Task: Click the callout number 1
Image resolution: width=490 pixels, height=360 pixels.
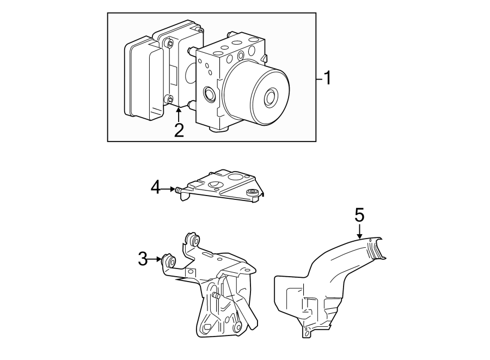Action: pos(327,78)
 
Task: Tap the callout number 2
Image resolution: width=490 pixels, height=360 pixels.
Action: pos(179,130)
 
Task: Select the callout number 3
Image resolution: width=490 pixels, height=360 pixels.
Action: pos(143,259)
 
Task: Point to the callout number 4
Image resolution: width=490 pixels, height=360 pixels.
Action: pos(156,188)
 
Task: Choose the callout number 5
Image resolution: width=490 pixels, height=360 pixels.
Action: pos(359,215)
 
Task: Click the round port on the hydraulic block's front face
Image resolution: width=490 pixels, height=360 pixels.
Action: pos(209,95)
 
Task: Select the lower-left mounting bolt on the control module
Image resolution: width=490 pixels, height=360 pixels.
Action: pos(170,100)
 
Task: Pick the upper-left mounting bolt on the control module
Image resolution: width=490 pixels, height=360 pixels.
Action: pos(170,43)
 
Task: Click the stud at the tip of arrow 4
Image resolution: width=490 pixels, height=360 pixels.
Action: pos(178,190)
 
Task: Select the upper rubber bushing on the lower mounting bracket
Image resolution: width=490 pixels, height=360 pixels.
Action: pos(192,240)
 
